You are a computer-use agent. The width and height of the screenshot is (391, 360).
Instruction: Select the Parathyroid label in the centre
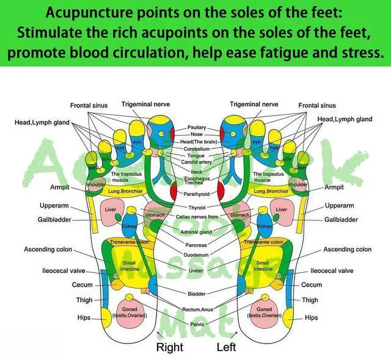pos(196,195)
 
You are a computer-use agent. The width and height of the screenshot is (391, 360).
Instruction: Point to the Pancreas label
pos(197,245)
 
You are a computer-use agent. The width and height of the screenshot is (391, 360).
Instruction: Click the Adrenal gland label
pos(197,232)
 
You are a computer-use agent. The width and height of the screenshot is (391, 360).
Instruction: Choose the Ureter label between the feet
pos(196,270)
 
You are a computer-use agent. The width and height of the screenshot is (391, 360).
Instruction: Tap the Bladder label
pos(197,293)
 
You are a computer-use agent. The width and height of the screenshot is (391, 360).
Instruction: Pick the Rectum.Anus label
pos(197,309)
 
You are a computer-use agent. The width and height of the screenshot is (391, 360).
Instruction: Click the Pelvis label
pos(197,324)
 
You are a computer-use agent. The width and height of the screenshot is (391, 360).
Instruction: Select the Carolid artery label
pos(197,163)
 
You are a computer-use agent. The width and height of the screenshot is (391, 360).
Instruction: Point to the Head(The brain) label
pos(197,142)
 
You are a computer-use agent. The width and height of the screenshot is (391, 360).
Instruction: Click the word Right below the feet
pos(169,348)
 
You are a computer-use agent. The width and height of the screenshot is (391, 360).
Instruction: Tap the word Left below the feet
pos(226,348)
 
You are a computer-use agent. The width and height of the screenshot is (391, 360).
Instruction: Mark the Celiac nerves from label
pos(197,217)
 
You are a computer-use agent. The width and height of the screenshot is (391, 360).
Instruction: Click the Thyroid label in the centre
pos(197,208)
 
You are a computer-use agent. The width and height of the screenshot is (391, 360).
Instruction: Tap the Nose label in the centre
pos(197,134)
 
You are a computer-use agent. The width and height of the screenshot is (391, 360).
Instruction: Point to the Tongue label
pos(197,156)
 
